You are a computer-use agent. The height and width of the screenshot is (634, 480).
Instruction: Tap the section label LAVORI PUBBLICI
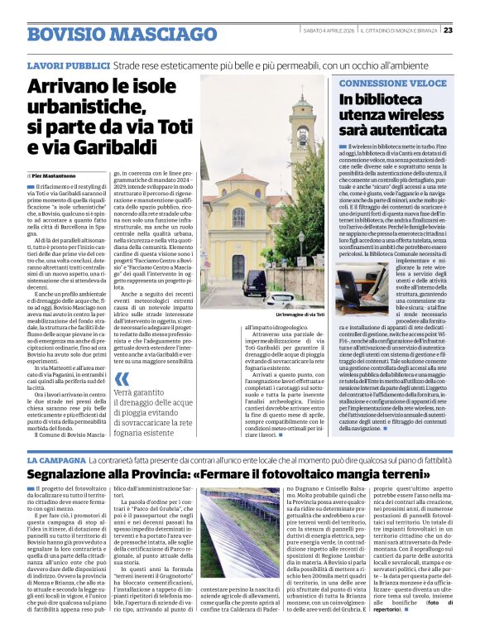point(65,65)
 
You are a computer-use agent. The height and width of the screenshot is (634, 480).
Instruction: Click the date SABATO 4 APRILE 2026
point(348,31)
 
